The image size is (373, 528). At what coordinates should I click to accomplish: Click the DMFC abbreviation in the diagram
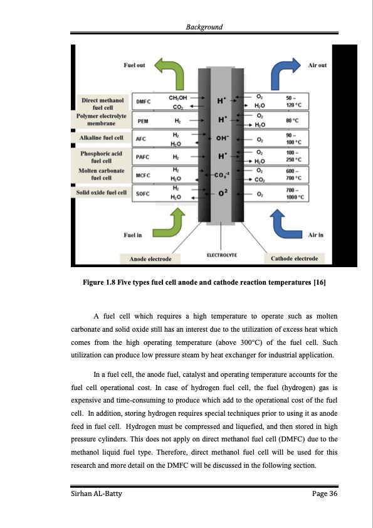pyautogui.click(x=144, y=102)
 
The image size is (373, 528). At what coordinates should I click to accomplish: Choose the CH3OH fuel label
pyautogui.click(x=178, y=98)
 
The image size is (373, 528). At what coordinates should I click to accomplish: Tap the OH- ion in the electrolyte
pyautogui.click(x=222, y=139)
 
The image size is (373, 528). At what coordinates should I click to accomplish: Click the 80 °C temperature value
pyautogui.click(x=292, y=120)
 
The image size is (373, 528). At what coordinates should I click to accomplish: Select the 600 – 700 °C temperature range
pyautogui.click(x=293, y=174)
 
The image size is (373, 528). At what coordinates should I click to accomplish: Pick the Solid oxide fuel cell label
pyautogui.click(x=102, y=193)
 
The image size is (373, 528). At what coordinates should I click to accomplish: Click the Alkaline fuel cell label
pyautogui.click(x=102, y=138)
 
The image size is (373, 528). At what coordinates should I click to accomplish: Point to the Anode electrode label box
pyautogui.click(x=150, y=258)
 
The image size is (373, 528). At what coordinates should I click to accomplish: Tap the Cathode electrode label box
pyautogui.click(x=294, y=258)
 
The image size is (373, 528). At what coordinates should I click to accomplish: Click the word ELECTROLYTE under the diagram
pyautogui.click(x=222, y=255)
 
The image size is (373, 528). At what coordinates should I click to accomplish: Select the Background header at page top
pyautogui.click(x=204, y=27)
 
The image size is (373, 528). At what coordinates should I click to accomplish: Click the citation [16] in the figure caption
pyautogui.click(x=320, y=282)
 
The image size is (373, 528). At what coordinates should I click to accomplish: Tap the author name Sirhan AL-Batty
pyautogui.click(x=97, y=494)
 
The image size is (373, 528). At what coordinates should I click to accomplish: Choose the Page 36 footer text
pyautogui.click(x=325, y=494)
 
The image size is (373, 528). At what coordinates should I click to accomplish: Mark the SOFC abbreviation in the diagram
pyautogui.click(x=143, y=194)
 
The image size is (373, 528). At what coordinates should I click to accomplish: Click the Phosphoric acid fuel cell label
pyautogui.click(x=102, y=157)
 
